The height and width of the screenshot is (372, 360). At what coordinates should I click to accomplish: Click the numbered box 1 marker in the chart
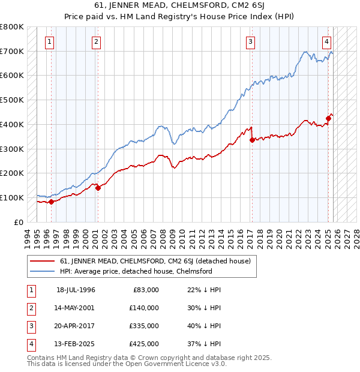[x=49, y=42]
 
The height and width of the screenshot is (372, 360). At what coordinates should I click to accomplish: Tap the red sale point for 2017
[x=252, y=140]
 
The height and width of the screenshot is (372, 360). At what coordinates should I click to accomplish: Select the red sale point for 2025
[x=329, y=118]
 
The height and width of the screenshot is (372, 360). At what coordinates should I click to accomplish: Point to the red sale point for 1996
[x=51, y=202]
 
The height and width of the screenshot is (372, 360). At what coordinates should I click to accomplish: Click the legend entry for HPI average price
[x=136, y=271]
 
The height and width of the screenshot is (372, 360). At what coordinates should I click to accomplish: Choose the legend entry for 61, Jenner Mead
[x=158, y=261]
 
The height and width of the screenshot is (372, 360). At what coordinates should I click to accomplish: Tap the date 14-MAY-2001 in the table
[x=76, y=307]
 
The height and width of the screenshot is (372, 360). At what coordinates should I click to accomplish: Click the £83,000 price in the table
[x=146, y=289]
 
